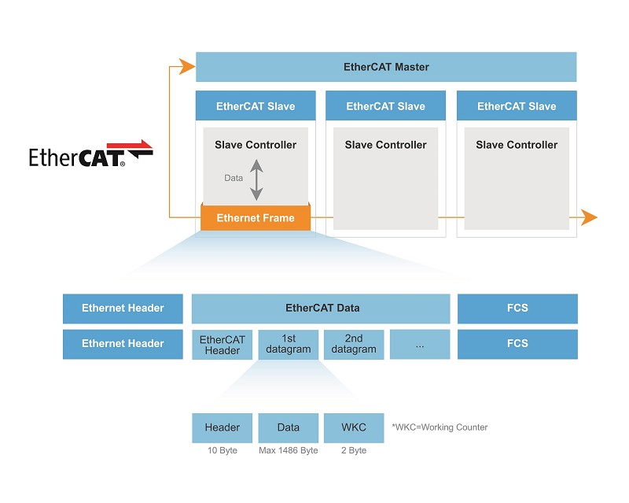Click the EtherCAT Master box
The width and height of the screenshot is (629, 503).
coord(386,67)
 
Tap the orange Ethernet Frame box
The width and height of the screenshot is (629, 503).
coord(256,218)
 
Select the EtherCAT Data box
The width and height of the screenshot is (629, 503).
coord(321,309)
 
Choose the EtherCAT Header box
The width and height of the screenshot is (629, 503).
coord(222,345)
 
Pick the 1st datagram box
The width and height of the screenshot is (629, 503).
coord(288,345)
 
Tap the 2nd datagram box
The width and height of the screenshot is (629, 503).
coord(354,345)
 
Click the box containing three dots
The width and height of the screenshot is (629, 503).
coord(419,345)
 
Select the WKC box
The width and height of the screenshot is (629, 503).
coord(354,427)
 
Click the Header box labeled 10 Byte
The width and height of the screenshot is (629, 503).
coord(222,427)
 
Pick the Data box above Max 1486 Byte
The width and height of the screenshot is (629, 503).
coord(288,427)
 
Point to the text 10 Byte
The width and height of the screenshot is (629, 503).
coord(222,450)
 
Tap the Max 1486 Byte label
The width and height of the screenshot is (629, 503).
coord(288,450)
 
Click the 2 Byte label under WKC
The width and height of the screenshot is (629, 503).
coord(354,450)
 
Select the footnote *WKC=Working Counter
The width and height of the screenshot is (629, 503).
coord(440,427)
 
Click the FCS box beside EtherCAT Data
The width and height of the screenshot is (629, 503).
coord(517,309)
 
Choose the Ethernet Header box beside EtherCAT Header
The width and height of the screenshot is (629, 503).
coord(123,344)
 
